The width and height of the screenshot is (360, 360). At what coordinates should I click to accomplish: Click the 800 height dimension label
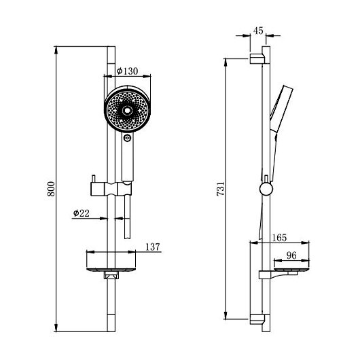pos(51,189)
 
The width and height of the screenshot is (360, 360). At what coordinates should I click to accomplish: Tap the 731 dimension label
pos(221,189)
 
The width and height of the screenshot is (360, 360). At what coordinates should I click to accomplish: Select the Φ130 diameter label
pos(127,71)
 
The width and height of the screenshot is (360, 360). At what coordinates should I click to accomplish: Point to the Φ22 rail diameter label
pos(82,213)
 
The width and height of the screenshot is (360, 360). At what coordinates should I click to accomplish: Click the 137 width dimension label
pos(153,247)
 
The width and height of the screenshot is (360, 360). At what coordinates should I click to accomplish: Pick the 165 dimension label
pos(279,238)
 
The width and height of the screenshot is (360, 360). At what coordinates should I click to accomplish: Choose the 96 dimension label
pos(291,255)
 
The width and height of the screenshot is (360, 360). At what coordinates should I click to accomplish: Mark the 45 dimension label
pos(258,31)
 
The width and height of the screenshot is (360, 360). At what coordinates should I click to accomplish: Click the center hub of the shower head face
pos(127,111)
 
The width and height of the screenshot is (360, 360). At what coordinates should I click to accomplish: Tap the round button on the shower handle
pos(127,138)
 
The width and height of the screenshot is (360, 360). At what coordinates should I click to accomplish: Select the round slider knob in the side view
pos(266,190)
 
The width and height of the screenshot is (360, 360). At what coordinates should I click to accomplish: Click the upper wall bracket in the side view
pos(257,59)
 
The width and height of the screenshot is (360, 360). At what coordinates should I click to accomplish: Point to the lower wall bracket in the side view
pos(257,319)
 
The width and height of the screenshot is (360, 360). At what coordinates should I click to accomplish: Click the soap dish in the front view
pos(111,270)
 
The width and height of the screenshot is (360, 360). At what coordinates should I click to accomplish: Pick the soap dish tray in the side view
pos(291,269)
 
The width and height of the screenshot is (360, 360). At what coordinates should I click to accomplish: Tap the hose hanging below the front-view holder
pos(127,217)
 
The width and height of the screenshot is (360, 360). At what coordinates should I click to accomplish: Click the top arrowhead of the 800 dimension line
pos(56,50)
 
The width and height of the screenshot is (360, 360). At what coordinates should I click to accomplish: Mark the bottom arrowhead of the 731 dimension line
pos(226,315)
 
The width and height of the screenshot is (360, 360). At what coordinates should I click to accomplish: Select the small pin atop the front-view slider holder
pos(94,179)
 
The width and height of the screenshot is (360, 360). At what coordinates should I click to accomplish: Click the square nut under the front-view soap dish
pos(111,275)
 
